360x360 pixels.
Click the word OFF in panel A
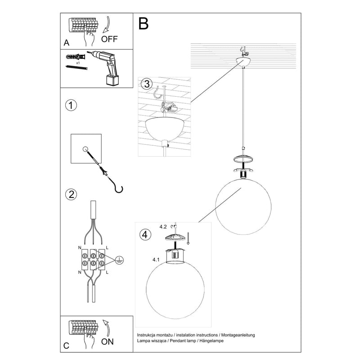coord(109,39)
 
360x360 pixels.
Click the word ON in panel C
coord(108,341)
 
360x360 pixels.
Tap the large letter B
coord(143,23)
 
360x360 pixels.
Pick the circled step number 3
coord(145,84)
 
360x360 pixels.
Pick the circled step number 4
coord(144,234)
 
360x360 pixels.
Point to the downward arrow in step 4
coord(188,236)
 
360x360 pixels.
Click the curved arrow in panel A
coord(108,25)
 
